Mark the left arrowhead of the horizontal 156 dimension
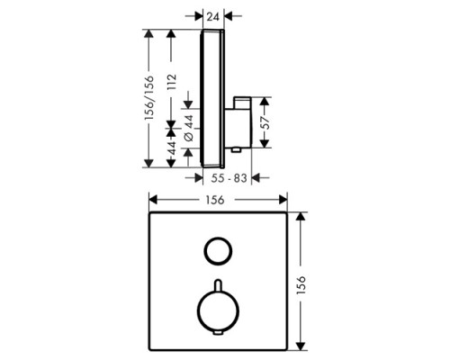click(153, 202)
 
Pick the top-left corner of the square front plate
click(149, 214)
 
